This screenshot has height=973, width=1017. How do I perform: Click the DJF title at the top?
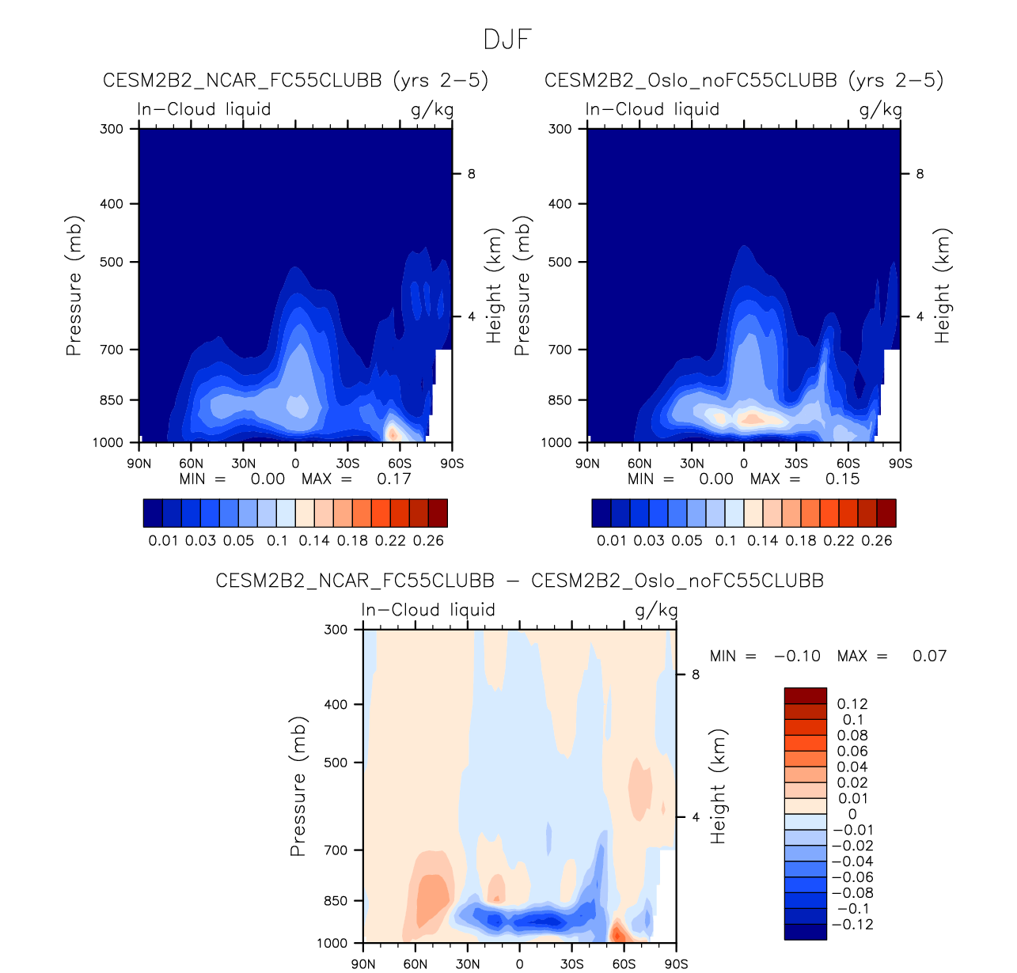507,40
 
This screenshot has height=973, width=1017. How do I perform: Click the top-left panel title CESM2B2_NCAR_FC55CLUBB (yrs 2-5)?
295,81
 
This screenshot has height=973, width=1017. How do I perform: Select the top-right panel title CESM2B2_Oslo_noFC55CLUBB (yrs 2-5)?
744,81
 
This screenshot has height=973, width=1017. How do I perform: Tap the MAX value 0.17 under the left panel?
393,479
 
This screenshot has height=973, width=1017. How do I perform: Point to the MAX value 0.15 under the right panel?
842,479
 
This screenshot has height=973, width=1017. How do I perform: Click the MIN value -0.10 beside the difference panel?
797,657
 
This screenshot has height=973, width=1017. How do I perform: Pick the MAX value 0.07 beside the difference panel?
929,657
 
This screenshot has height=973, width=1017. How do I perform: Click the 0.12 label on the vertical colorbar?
852,704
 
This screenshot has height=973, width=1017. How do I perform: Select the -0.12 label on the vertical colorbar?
850,925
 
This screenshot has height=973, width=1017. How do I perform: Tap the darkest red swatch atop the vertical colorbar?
805,695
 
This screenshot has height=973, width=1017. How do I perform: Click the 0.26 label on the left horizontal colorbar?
428,541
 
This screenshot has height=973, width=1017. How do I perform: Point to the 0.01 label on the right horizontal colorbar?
612,541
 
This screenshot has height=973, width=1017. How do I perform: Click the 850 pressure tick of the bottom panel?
336,901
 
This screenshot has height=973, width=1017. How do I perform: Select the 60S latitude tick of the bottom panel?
624,964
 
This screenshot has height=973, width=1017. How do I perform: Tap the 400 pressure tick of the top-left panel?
112,204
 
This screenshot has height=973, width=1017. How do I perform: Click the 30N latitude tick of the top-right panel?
692,464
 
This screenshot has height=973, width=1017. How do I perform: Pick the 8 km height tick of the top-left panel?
472,174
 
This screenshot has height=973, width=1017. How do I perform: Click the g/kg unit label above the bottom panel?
656,611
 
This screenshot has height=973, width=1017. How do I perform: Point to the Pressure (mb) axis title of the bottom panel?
298,787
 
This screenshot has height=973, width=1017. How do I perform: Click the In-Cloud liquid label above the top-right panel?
652,109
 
